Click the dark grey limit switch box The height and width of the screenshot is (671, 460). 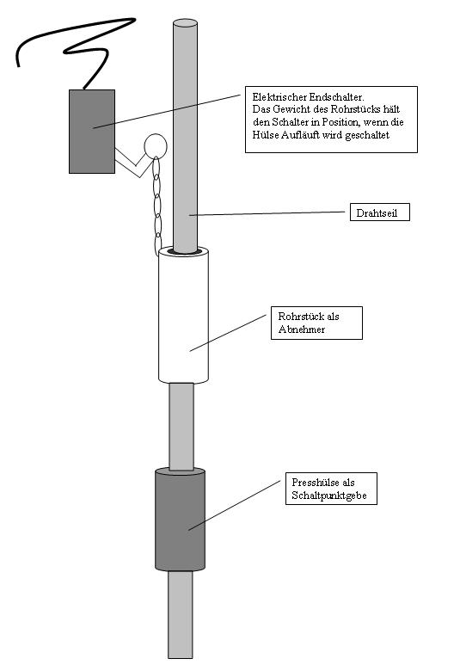coord(92,132)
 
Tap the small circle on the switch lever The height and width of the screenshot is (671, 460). coord(156,146)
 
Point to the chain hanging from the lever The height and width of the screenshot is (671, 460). coord(157,206)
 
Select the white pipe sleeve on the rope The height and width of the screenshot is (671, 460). coord(184,315)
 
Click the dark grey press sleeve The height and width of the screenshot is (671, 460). coord(181,519)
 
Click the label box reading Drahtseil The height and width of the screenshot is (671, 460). coord(379,212)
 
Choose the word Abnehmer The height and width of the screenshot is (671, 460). coord(301,329)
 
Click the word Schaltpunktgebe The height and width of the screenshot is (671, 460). coord(329,496)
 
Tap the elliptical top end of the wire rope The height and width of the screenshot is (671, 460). coord(185,22)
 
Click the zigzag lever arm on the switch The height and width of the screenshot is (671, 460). coord(134,163)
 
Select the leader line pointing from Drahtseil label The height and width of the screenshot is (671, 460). coord(267,213)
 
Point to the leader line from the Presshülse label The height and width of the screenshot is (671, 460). coord(235,505)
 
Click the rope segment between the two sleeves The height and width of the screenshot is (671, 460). coord(181,426)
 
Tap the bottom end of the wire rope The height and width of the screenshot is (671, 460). coord(181,657)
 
